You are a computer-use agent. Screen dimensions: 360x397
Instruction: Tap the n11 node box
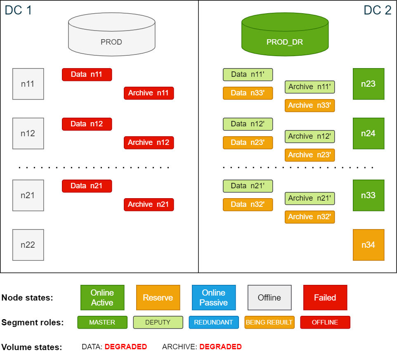(28, 84)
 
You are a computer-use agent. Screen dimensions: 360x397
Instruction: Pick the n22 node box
(28, 245)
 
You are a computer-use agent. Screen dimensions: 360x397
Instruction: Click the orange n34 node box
(369, 245)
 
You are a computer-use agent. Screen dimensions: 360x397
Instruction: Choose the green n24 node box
(369, 133)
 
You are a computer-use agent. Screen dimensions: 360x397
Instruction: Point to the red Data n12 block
(87, 124)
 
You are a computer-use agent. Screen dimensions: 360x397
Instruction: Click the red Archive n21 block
(149, 204)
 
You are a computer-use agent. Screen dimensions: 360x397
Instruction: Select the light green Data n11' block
(248, 75)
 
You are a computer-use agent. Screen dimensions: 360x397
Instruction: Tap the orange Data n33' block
(248, 93)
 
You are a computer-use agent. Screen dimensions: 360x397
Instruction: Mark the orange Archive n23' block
(310, 155)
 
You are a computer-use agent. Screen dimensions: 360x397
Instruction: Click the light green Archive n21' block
(310, 198)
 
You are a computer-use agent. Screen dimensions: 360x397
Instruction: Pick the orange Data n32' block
(248, 204)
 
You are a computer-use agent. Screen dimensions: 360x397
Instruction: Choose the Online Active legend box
(102, 297)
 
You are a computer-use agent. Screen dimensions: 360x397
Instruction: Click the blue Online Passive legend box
(214, 297)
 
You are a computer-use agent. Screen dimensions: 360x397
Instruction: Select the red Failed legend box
(325, 297)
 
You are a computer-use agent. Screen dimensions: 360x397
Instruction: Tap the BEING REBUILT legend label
(269, 322)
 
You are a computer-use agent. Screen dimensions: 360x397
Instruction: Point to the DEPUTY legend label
(158, 322)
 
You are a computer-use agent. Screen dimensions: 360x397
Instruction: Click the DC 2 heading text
(377, 10)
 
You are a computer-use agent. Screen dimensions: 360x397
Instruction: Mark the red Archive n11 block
(149, 93)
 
